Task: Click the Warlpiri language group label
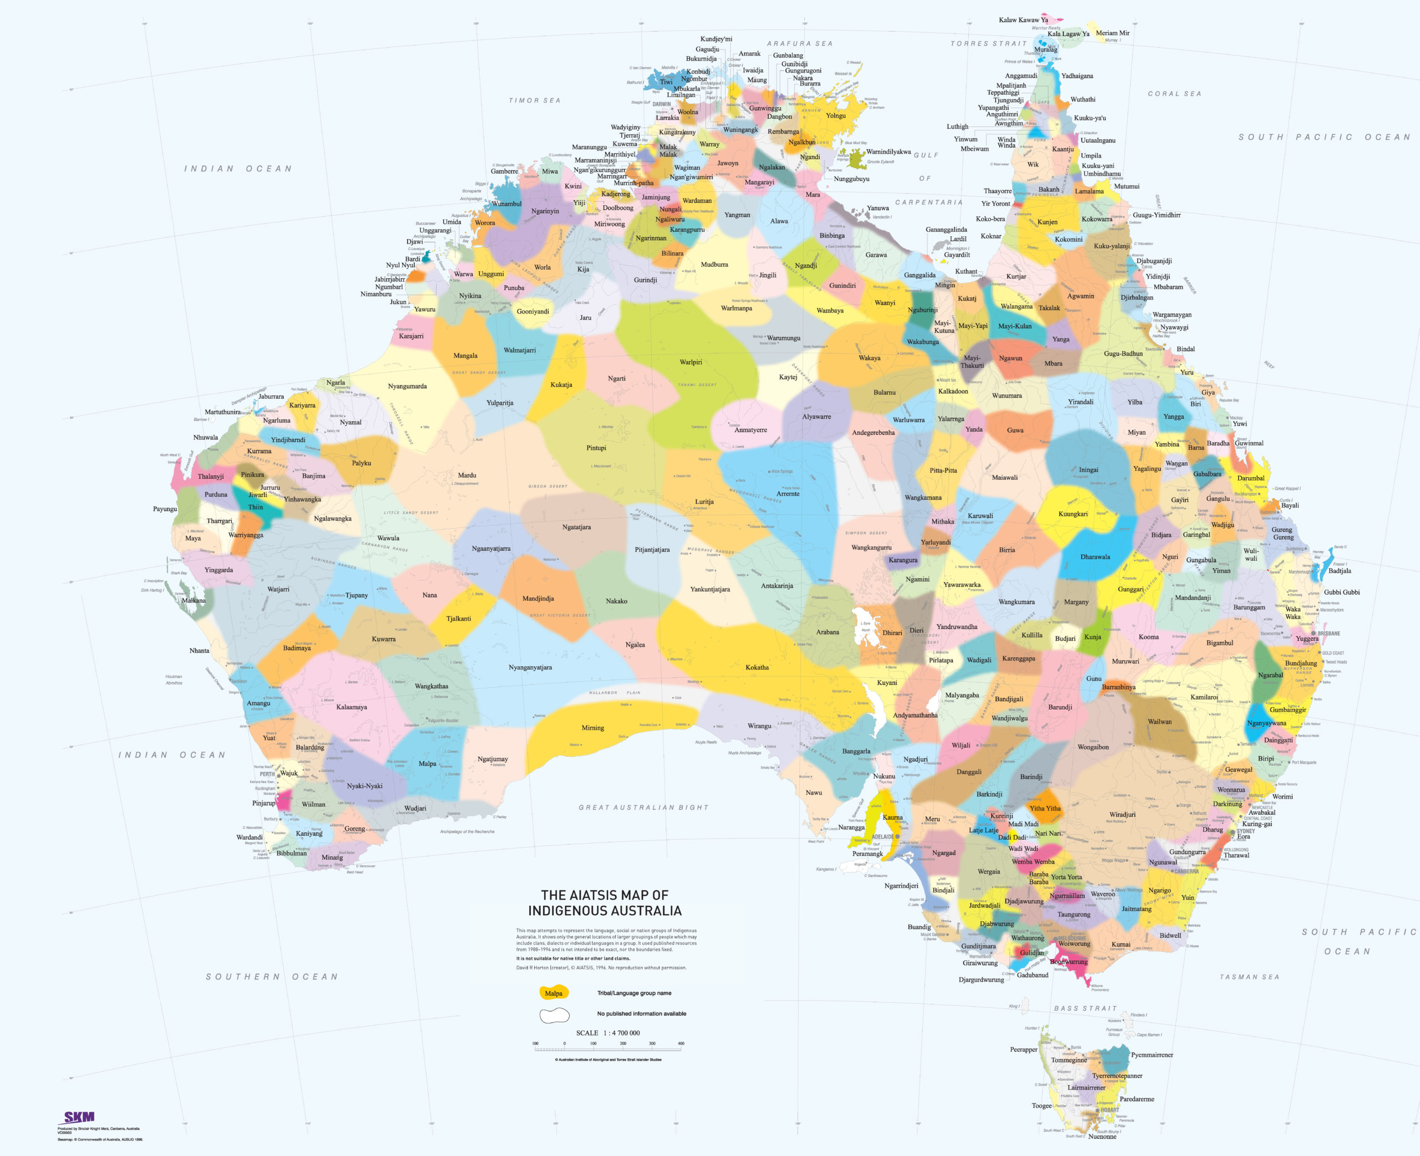[x=691, y=362]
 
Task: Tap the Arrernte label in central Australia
[x=788, y=494]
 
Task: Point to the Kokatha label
[x=757, y=667]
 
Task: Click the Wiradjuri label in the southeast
[x=1123, y=814]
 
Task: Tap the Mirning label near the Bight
[x=592, y=727]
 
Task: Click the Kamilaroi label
[x=1204, y=697]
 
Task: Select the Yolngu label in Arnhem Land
[x=835, y=115]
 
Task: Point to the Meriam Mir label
[x=1113, y=33]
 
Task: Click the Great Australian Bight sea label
[x=643, y=807]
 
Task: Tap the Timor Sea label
[x=535, y=100]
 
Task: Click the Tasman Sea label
[x=1249, y=977]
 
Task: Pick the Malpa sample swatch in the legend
[x=553, y=993]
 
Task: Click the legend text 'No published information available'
[x=641, y=1013]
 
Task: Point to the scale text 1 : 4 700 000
[x=608, y=1033]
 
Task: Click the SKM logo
[x=79, y=1117]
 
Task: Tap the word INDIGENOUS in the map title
[x=605, y=910]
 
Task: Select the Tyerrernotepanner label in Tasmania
[x=1117, y=1076]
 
